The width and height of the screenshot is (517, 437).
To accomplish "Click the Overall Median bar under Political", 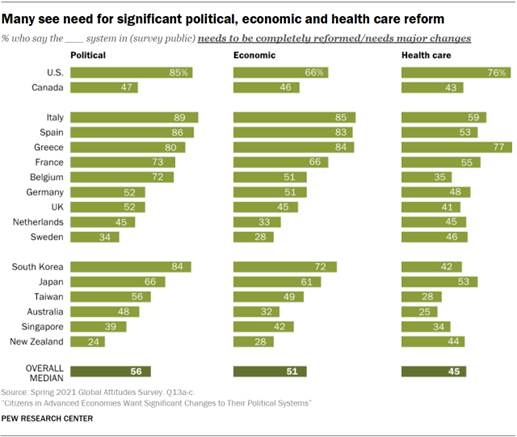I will point(139,372).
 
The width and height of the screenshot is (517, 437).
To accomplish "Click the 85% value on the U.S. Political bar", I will point(181,73).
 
